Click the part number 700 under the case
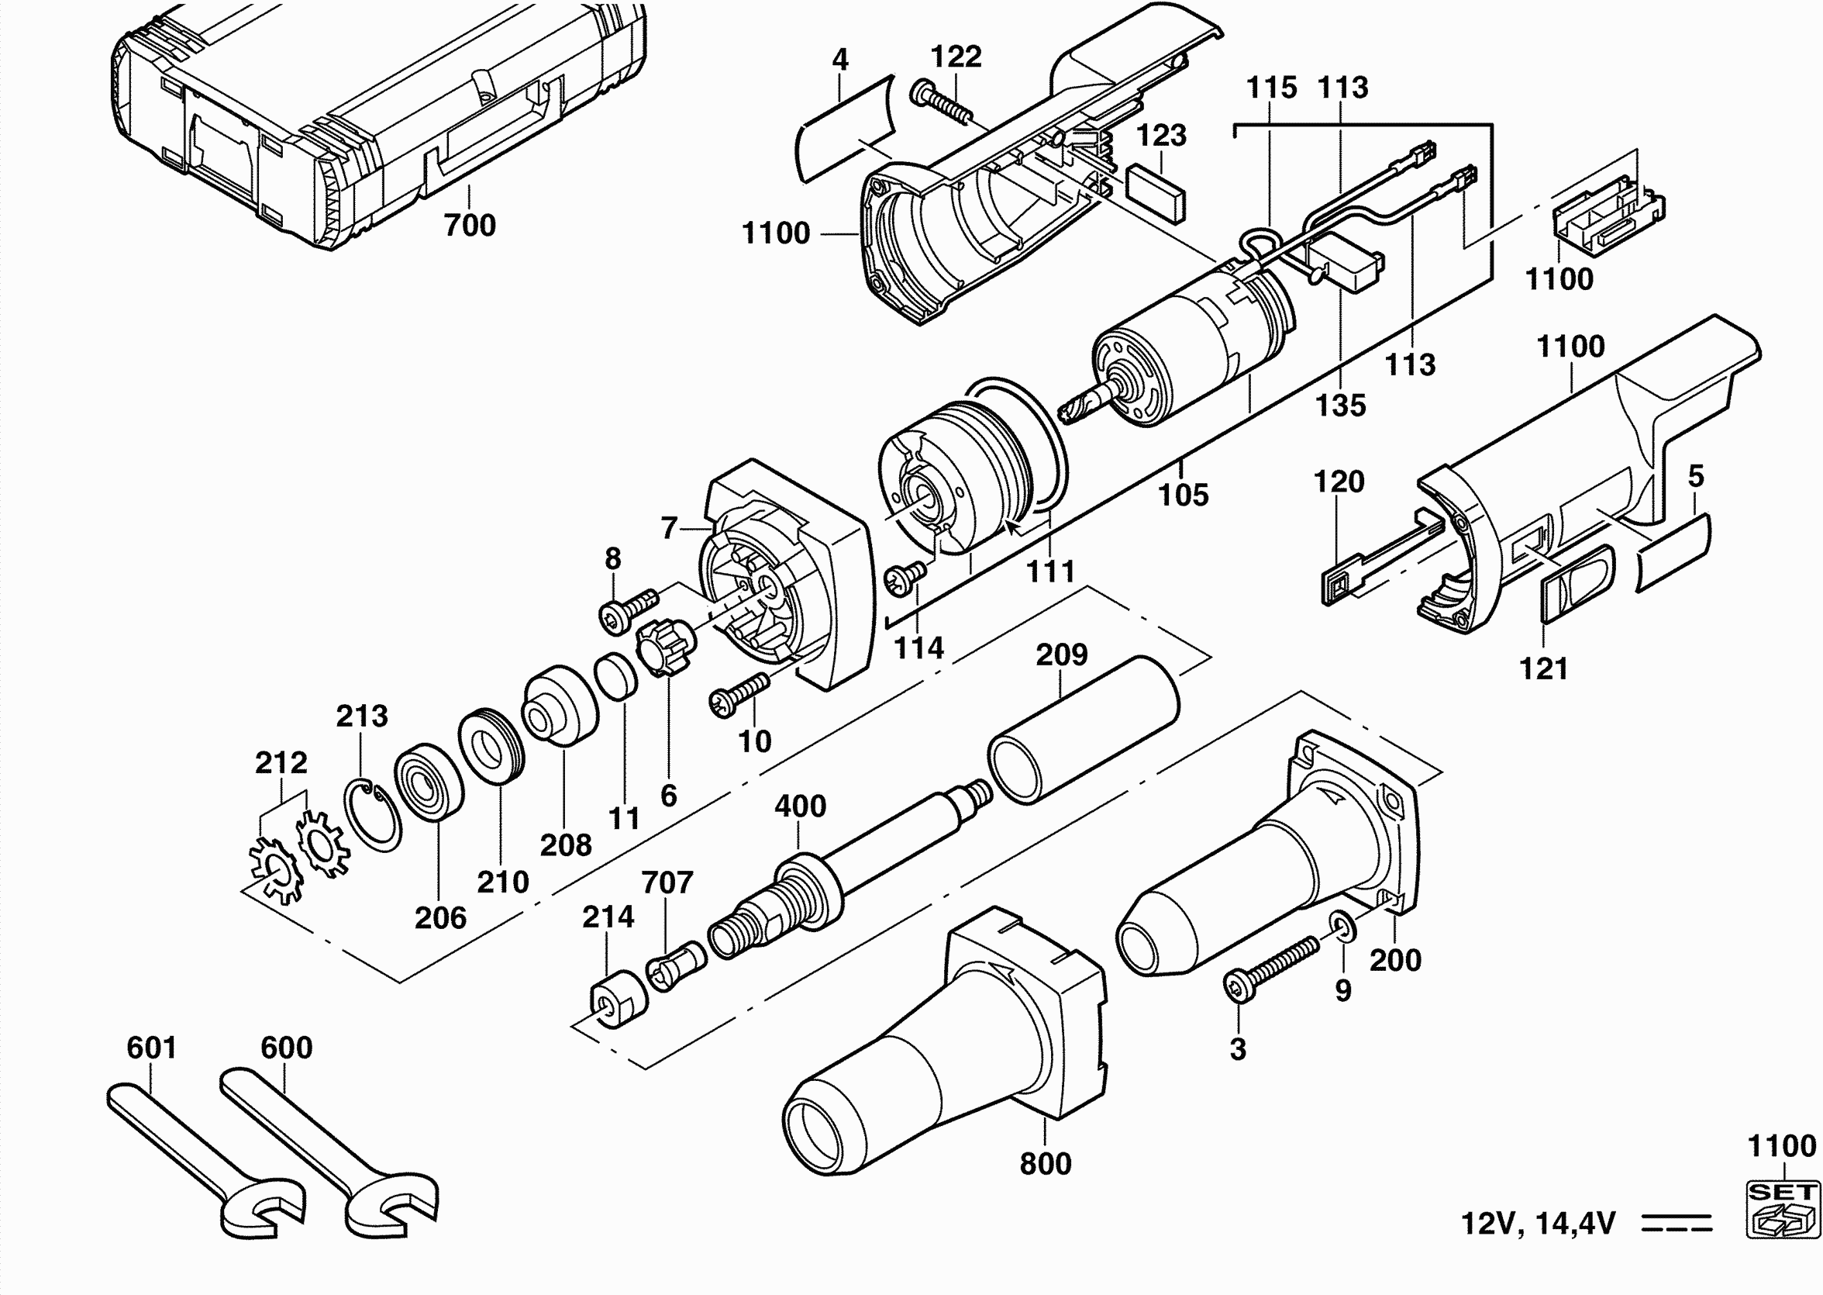click(470, 226)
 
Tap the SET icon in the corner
click(1784, 1210)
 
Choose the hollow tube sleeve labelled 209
click(1084, 730)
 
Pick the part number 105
click(1183, 496)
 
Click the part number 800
click(1046, 1164)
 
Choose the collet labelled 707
click(676, 965)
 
